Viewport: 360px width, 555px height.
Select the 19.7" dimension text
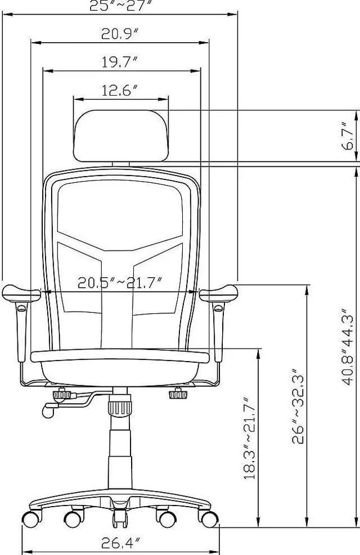point(120,62)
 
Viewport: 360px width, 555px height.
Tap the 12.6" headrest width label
point(120,91)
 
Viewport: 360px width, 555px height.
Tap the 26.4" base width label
point(120,543)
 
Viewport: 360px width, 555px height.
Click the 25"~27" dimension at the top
point(120,6)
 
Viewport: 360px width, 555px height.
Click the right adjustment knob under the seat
point(178,394)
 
